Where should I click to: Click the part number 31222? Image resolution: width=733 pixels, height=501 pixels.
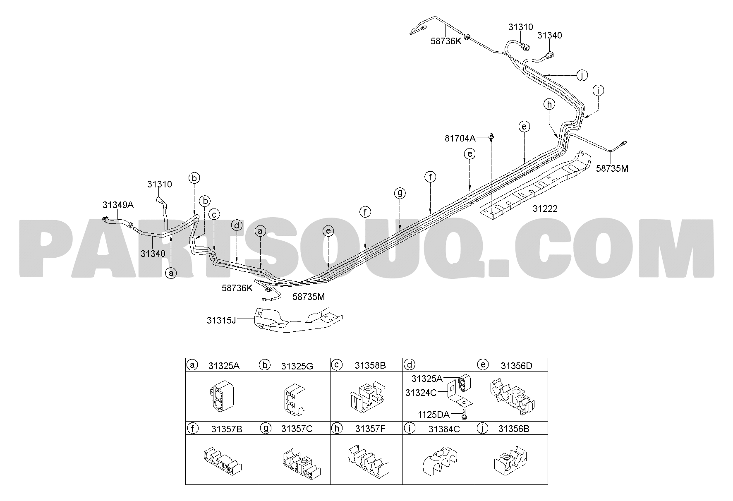coord(545,209)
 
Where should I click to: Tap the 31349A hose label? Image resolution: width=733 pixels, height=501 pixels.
coord(118,205)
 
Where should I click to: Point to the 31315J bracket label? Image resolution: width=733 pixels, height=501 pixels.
coord(221,320)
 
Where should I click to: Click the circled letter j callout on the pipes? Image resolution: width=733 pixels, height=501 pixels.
coord(582,75)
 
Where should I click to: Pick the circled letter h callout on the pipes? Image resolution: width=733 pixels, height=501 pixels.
coord(549,105)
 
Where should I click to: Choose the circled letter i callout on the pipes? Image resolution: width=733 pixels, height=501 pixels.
coord(598,90)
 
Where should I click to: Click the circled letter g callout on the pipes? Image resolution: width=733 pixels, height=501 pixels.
coord(400,193)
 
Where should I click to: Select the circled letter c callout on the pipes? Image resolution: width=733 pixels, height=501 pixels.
coord(214,214)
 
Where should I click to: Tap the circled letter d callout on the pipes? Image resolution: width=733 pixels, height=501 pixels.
coord(237,225)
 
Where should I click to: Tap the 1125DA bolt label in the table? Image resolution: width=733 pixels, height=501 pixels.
coord(434,415)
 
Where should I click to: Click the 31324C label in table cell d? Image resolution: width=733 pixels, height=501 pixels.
coord(421,392)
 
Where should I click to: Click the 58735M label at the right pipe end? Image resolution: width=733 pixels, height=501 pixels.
coord(612,168)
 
